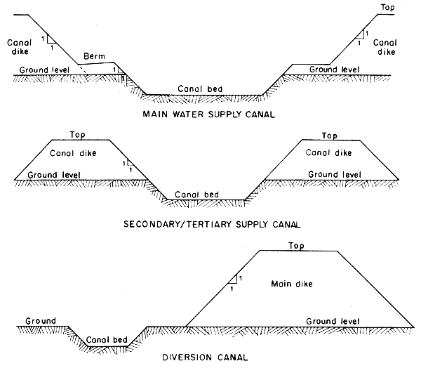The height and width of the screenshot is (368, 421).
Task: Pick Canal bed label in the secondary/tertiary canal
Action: pyautogui.click(x=197, y=194)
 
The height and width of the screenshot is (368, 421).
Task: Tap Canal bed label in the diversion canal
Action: pyautogui.click(x=106, y=341)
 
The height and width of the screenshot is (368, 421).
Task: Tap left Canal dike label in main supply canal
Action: pyautogui.click(x=19, y=46)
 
